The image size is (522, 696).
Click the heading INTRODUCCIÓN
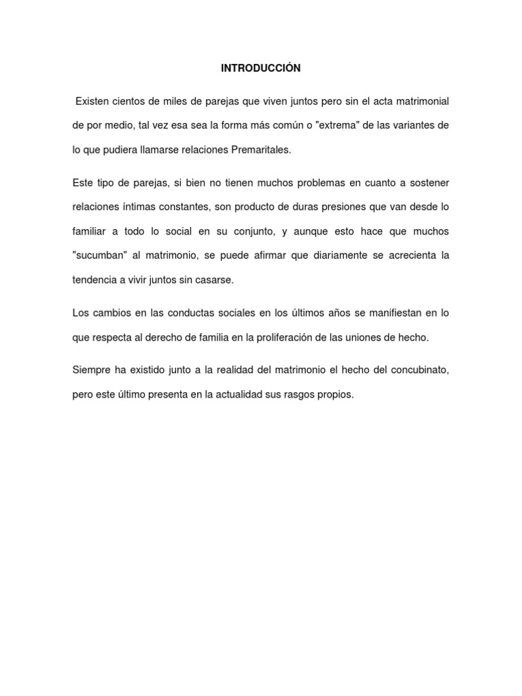point(260,68)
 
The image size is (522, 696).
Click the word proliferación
point(302,338)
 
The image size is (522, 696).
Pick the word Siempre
point(91,370)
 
